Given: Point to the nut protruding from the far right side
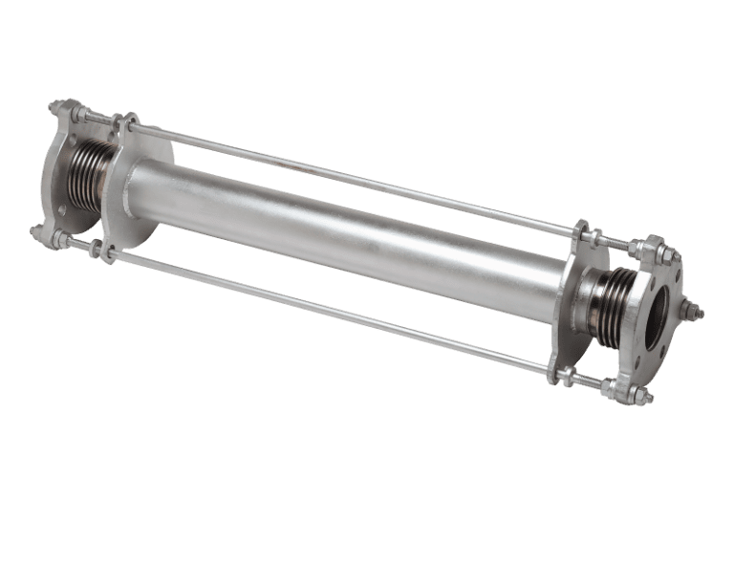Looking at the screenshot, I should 695,312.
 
